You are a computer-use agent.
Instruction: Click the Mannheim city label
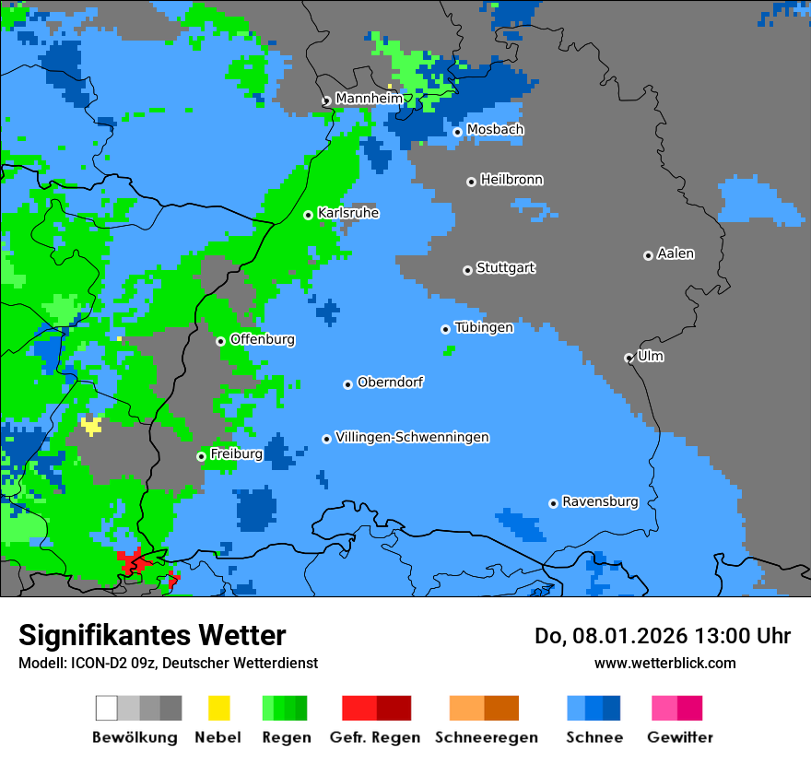pos(369,99)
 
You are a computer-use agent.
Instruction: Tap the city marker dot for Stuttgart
pos(467,270)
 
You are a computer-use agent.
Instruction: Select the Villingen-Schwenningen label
pos(412,437)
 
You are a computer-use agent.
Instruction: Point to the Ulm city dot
pos(629,358)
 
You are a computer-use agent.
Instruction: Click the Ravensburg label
pos(600,501)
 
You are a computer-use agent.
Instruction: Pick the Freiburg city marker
pos(201,456)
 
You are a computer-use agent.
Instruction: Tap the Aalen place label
pos(676,253)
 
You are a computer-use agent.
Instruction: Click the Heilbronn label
pos(511,180)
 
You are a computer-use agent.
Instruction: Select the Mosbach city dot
pos(457,132)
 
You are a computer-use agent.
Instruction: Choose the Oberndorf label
pos(390,382)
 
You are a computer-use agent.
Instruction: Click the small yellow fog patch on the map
pos(91,425)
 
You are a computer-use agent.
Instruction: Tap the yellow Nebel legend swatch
pos(218,708)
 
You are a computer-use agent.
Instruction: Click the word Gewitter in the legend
pos(680,737)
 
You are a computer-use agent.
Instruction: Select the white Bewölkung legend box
pos(107,708)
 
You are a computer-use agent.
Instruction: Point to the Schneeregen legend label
pos(487,737)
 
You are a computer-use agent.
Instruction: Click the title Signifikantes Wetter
pos(152,636)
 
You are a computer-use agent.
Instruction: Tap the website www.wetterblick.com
pos(664,663)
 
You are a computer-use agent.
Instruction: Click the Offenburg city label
pos(262,339)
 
